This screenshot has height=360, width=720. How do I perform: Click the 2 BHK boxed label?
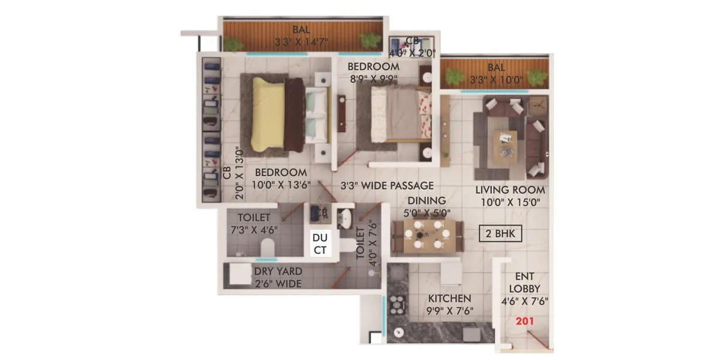(501, 233)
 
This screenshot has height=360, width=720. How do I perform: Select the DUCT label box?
(320, 244)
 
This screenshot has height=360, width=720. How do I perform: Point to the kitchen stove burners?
(397, 307)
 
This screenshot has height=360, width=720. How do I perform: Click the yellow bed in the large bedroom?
(268, 114)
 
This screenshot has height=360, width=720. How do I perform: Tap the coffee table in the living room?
(505, 146)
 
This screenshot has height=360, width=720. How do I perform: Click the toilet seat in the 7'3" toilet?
(267, 246)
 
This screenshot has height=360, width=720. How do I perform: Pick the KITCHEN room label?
(449, 298)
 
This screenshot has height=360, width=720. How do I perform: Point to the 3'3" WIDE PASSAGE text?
(387, 186)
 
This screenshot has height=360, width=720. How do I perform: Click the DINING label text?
(427, 200)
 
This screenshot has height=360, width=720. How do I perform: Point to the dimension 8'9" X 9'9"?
(374, 77)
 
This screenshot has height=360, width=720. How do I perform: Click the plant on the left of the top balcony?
(234, 44)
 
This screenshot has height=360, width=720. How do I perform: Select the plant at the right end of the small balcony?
(538, 77)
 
